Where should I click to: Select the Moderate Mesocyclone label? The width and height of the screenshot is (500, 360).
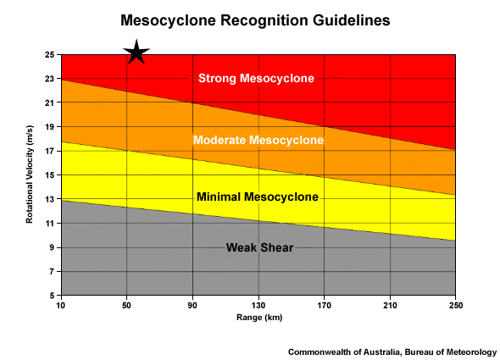(x=258, y=140)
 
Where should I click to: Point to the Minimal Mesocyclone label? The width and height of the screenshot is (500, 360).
(x=257, y=197)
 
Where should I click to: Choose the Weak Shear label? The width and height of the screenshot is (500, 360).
(x=259, y=247)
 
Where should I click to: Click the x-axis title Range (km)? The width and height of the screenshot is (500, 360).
(x=258, y=317)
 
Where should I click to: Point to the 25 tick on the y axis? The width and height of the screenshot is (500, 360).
(x=49, y=55)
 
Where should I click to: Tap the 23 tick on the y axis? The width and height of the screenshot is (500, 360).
(x=49, y=79)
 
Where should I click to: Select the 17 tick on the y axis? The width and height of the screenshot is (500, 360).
(x=49, y=152)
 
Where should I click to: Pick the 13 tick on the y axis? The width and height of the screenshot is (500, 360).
(x=49, y=200)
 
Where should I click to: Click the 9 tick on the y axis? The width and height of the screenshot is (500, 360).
(x=51, y=248)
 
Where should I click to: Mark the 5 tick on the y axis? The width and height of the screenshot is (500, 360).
(x=51, y=296)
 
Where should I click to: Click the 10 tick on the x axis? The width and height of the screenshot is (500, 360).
(x=60, y=305)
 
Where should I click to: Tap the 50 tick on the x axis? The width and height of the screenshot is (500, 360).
(x=126, y=305)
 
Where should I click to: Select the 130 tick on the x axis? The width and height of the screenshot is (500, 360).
(x=258, y=305)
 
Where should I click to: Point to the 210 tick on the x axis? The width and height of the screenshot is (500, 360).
(x=390, y=305)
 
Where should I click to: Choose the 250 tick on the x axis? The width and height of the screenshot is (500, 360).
(x=456, y=305)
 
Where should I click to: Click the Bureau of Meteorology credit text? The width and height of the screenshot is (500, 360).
(x=392, y=351)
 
